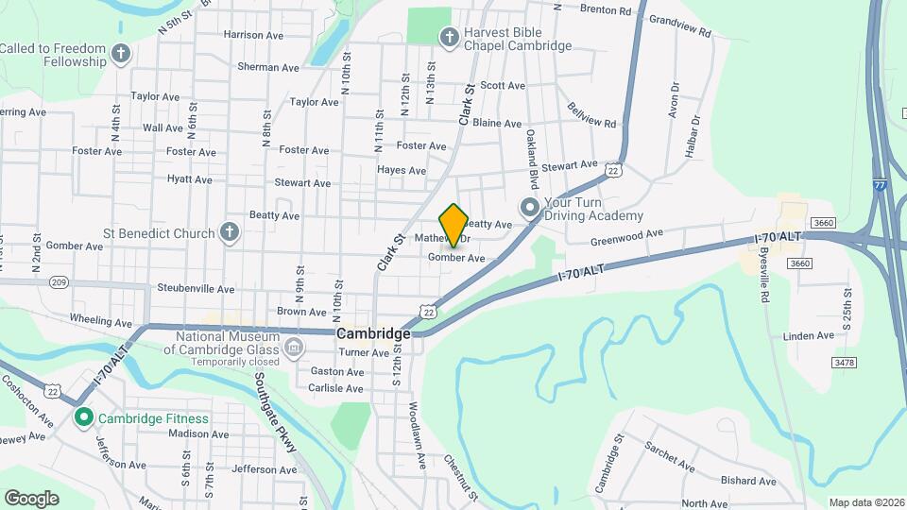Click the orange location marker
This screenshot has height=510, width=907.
[453, 225]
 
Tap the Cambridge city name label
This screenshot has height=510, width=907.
[374, 334]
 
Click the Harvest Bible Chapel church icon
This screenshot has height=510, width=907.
[450, 36]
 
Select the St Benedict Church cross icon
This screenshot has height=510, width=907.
[229, 231]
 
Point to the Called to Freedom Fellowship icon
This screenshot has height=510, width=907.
[120, 54]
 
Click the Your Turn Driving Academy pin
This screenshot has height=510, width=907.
[529, 207]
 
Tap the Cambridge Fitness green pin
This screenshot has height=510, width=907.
[83, 417]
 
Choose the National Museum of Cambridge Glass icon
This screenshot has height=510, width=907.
[294, 350]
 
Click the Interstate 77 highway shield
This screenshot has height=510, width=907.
[880, 187]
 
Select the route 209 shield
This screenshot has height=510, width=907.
[60, 281]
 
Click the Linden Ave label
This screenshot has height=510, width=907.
[809, 335]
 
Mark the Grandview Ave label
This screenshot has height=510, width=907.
[680, 25]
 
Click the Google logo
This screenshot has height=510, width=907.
[31, 498]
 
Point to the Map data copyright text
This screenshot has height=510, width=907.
[865, 502]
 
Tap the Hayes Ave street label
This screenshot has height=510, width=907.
[402, 170]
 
